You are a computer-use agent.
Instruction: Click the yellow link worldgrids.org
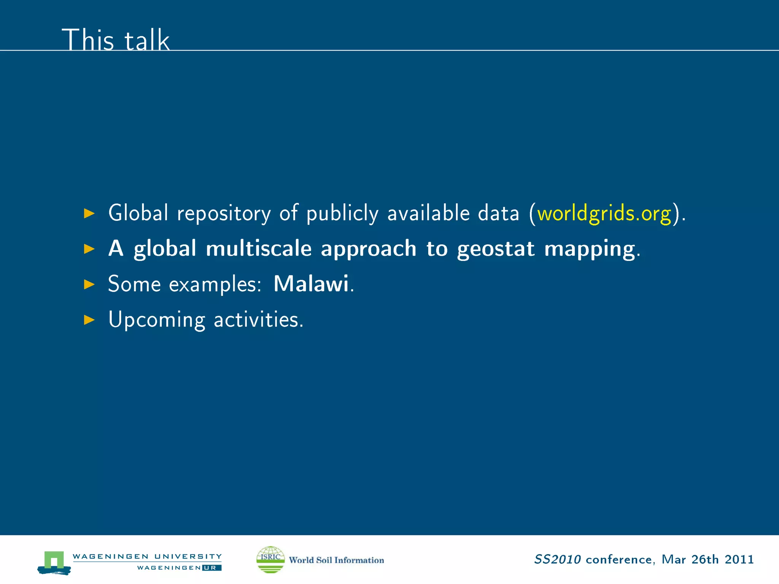point(604,213)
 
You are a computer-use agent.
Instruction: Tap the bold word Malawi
point(311,284)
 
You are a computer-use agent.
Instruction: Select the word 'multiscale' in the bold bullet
point(259,249)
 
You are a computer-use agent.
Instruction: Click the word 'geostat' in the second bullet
point(496,249)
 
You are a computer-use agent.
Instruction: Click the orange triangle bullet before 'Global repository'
point(89,213)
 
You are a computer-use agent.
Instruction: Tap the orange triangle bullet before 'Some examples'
point(89,284)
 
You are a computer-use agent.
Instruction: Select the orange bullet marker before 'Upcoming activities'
point(89,320)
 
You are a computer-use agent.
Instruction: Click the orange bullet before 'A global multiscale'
point(89,249)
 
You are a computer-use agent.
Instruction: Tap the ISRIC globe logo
point(270,559)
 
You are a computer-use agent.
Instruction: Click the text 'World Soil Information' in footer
point(336,560)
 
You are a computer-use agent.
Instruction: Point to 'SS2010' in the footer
point(557,559)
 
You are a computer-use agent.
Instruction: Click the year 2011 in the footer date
point(739,559)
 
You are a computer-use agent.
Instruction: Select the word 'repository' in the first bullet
point(224,213)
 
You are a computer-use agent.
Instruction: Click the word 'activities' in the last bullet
point(258,319)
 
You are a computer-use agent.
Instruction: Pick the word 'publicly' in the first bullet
point(342,213)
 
